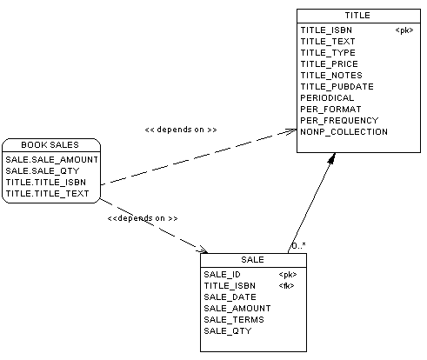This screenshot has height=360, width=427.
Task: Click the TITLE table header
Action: (x=357, y=16)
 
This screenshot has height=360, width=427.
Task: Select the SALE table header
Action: (x=252, y=260)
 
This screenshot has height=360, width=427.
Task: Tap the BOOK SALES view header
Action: (x=50, y=145)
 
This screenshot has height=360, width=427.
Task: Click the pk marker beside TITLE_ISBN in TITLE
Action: (x=404, y=30)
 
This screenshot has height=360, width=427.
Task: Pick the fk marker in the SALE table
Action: (x=286, y=286)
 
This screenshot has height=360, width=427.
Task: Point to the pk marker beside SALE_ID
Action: (x=288, y=275)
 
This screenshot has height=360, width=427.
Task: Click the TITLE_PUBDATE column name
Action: (x=337, y=87)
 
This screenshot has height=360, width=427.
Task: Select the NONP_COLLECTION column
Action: (x=344, y=132)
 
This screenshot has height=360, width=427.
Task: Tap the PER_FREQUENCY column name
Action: (x=339, y=121)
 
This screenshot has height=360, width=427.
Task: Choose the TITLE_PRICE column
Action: (x=329, y=64)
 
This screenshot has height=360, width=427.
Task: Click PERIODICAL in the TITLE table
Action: (x=327, y=98)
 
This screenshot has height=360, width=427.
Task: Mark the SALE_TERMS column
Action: (x=234, y=320)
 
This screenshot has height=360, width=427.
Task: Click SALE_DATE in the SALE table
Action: (x=230, y=297)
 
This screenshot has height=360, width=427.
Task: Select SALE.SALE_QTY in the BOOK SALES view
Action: (x=43, y=171)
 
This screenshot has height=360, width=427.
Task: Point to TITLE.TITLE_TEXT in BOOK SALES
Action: (x=47, y=194)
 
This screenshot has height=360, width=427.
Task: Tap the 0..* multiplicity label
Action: (x=298, y=246)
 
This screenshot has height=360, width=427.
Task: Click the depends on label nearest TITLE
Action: (x=181, y=130)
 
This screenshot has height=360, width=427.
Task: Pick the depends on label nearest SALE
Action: (x=143, y=218)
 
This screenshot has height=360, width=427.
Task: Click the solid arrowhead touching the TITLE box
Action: (x=332, y=158)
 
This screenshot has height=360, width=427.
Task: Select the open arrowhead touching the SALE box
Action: (x=202, y=250)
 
